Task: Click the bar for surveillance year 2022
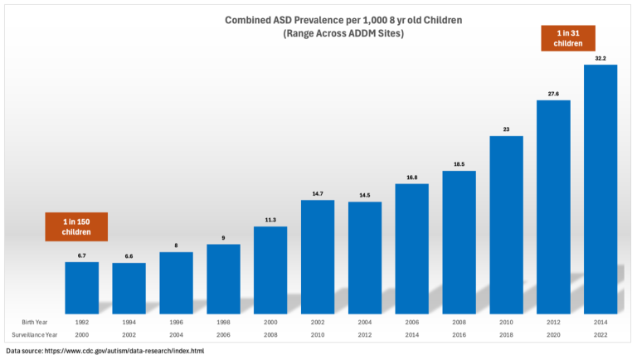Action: coord(600,186)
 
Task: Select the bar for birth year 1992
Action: coord(81,285)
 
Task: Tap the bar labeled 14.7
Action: coord(317,254)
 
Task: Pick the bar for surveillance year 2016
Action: coord(459,239)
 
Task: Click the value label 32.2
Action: coord(600,58)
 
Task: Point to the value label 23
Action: coord(506,129)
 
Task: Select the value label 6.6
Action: coord(129,256)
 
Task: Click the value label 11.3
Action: coord(270,220)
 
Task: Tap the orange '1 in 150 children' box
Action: coord(76,226)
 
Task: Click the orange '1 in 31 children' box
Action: coord(568,38)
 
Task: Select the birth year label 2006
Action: coord(411,322)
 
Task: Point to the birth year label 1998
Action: coord(223,322)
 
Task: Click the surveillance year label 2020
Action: coord(553,336)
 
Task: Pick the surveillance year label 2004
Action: coord(176,336)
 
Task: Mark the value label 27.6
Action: coord(553,94)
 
